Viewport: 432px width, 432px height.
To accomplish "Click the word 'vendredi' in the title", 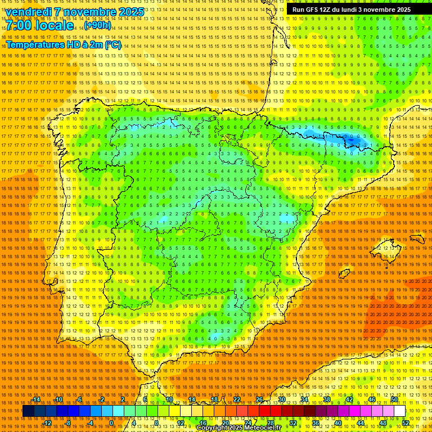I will (x=29, y=12).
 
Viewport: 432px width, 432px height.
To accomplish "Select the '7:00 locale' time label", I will (x=40, y=25).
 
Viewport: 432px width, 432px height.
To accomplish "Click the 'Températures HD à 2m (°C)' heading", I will (x=64, y=44).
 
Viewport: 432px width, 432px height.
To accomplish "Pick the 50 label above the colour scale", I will (x=394, y=399).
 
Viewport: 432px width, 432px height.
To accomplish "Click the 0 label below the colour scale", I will (x=111, y=423).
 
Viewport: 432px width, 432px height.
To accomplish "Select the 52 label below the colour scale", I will (x=406, y=423).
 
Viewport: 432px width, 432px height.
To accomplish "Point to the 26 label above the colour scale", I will (x=259, y=399).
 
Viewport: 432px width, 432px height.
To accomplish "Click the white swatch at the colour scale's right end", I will (x=400, y=411).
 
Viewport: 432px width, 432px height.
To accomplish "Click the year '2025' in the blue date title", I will (x=130, y=12).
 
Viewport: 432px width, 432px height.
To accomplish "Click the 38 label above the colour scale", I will (x=327, y=399).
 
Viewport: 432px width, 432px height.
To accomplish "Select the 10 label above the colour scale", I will (x=169, y=399).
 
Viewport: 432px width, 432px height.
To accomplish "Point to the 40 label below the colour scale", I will (x=338, y=423).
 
